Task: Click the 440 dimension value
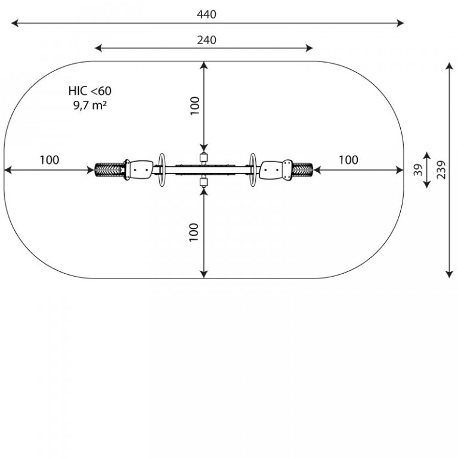pyautogui.click(x=206, y=14)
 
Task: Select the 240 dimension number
pyautogui.click(x=206, y=40)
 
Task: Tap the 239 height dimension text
pyautogui.click(x=441, y=170)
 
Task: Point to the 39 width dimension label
pyautogui.click(x=418, y=170)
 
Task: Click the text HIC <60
pyautogui.click(x=90, y=91)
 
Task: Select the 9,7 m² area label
pyautogui.click(x=90, y=105)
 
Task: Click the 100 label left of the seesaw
pyautogui.click(x=49, y=160)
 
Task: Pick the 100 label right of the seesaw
pyautogui.click(x=348, y=160)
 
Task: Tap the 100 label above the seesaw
pyautogui.click(x=195, y=106)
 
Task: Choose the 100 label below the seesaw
pyautogui.click(x=194, y=232)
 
